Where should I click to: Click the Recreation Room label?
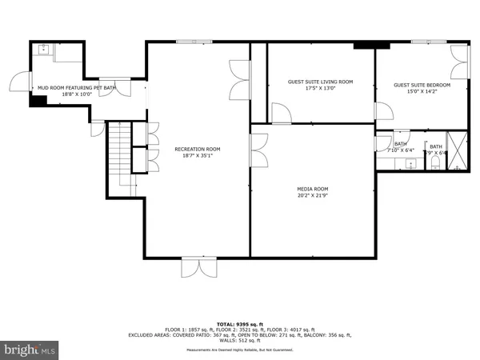pyautogui.click(x=198, y=149)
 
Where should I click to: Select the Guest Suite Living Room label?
pyautogui.click(x=320, y=82)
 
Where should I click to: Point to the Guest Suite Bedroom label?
pyautogui.click(x=422, y=85)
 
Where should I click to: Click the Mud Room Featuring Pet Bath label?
pyautogui.click(x=77, y=87)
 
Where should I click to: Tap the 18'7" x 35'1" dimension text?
pyautogui.click(x=198, y=156)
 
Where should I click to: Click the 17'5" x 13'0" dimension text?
pyautogui.click(x=320, y=88)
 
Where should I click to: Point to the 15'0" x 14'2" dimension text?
pyautogui.click(x=422, y=91)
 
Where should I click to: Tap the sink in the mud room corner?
pyautogui.click(x=43, y=50)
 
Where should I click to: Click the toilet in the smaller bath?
pyautogui.click(x=434, y=162)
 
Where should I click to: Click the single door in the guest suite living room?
pyautogui.click(x=280, y=114)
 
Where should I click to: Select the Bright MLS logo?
pyautogui.click(x=30, y=349)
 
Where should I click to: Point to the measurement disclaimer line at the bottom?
pyautogui.click(x=239, y=350)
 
